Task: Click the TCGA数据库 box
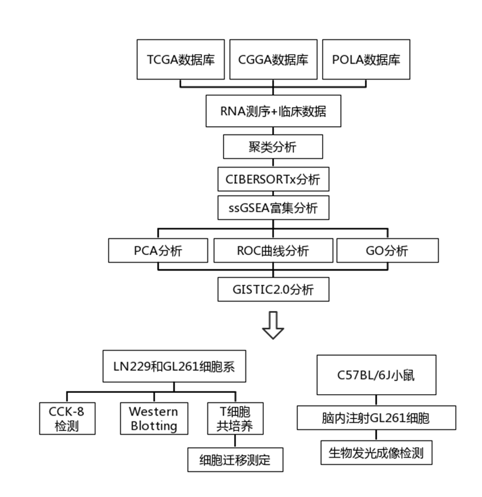pos(181,59)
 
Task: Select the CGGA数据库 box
pos(273,59)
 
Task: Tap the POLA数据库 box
pos(366,59)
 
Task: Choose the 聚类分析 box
pos(273,146)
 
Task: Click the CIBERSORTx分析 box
pos(273,178)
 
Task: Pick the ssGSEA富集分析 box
pos(273,208)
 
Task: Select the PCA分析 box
pos(158,250)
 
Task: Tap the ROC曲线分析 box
pos(273,250)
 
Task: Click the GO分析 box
pos(387,250)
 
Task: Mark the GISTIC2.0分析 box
pos(273,290)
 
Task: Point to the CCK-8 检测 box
pos(67,418)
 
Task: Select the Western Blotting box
pos(153,418)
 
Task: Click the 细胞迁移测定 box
pos(234,459)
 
